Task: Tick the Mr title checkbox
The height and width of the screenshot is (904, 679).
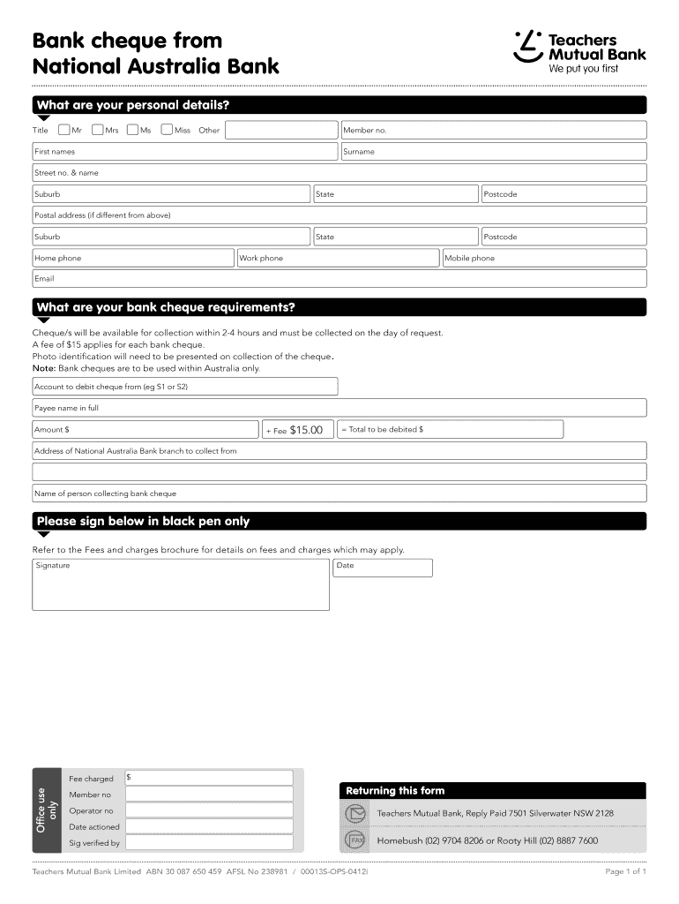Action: (64, 130)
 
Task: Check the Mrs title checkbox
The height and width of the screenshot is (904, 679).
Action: (97, 130)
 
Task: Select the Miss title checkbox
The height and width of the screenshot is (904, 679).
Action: (167, 130)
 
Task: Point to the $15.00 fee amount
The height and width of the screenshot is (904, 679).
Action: (306, 430)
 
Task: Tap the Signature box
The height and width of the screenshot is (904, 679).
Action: (181, 587)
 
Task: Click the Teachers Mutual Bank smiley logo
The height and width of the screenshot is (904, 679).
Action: (527, 48)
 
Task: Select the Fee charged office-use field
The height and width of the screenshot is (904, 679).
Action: (209, 778)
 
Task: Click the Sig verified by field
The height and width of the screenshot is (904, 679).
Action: (209, 842)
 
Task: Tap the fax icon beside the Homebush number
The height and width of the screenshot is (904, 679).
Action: (354, 840)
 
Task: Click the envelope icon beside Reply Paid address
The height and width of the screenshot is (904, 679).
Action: (354, 813)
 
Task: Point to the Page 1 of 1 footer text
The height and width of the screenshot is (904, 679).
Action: (625, 872)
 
